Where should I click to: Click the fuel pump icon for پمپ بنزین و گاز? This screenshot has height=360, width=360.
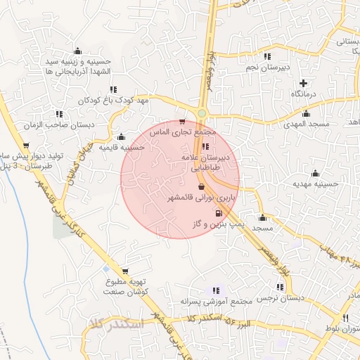pyautogui.click(x=219, y=212)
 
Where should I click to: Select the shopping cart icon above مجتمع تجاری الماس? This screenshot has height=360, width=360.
pyautogui.click(x=184, y=121)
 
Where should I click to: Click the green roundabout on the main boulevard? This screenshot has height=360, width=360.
pyautogui.click(x=202, y=113)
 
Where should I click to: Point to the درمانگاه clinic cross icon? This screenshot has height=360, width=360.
pyautogui.click(x=303, y=83)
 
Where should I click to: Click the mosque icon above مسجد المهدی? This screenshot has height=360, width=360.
pyautogui.click(x=306, y=113)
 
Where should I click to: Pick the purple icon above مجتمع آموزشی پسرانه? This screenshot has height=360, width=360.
pyautogui.click(x=216, y=290)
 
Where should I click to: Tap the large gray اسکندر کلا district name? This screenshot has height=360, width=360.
pyautogui.click(x=116, y=324)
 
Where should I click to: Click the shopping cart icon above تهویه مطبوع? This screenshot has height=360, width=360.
pyautogui.click(x=125, y=271)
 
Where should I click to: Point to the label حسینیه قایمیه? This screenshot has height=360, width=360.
pyautogui.click(x=122, y=148)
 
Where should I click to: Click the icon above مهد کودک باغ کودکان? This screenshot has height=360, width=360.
pyautogui.click(x=113, y=89)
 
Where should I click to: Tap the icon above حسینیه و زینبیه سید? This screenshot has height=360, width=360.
pyautogui.click(x=77, y=51)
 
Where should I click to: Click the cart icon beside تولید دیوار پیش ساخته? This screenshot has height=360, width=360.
pyautogui.click(x=26, y=146)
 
